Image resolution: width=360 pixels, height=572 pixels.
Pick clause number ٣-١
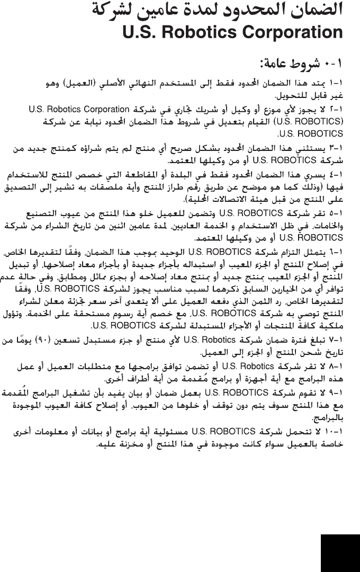[336, 147]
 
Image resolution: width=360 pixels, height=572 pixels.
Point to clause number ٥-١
[336, 215]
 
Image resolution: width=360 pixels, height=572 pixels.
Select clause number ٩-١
[336, 392]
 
